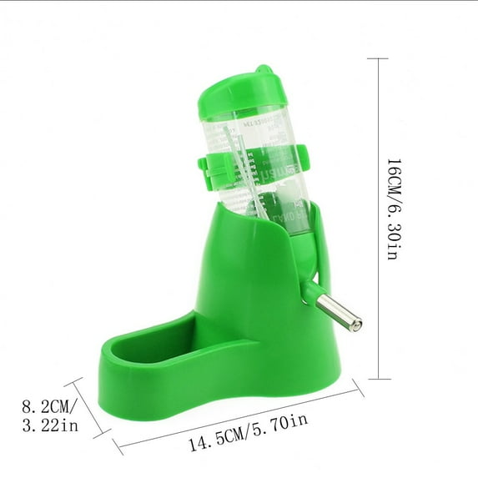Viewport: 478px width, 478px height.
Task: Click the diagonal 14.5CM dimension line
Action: (242, 417)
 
